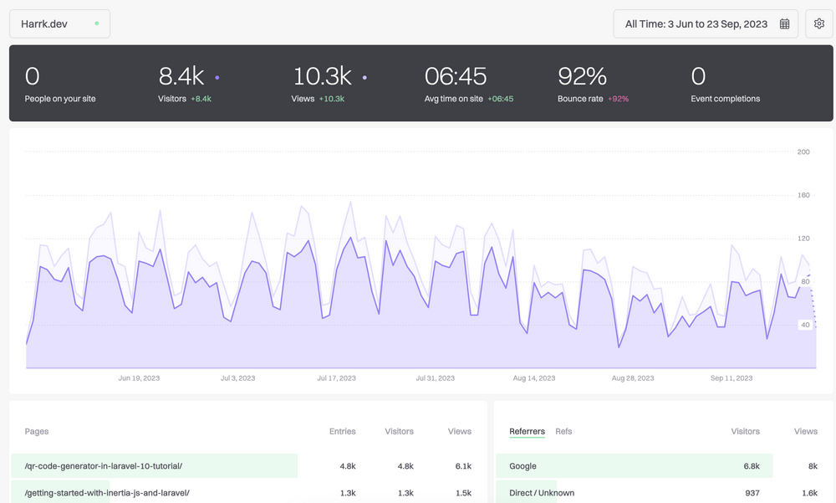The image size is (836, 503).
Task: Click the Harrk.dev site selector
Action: point(59,24)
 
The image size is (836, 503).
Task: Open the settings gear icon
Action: point(819,24)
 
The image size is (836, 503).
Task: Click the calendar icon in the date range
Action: point(784,24)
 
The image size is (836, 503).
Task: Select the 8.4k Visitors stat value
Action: point(181,77)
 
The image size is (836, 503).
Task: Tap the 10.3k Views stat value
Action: point(322,77)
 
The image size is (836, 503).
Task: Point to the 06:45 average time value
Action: point(456,77)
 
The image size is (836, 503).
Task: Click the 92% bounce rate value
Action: point(582,77)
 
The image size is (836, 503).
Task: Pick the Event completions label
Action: point(725,99)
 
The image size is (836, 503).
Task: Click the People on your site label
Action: point(60,99)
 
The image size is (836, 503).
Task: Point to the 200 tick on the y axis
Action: point(803,151)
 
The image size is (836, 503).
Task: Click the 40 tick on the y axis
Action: point(805,325)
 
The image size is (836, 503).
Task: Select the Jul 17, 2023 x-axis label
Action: point(336,378)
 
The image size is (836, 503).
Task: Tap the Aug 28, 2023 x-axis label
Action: point(633,378)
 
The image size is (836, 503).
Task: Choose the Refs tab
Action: point(563,432)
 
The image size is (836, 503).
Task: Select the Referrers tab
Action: point(527,432)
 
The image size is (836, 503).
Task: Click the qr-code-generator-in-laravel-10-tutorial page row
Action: point(104,466)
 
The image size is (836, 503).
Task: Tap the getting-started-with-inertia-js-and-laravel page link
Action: point(107,493)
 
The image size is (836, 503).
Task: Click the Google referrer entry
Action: point(522,466)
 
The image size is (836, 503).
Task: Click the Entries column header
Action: point(342,432)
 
